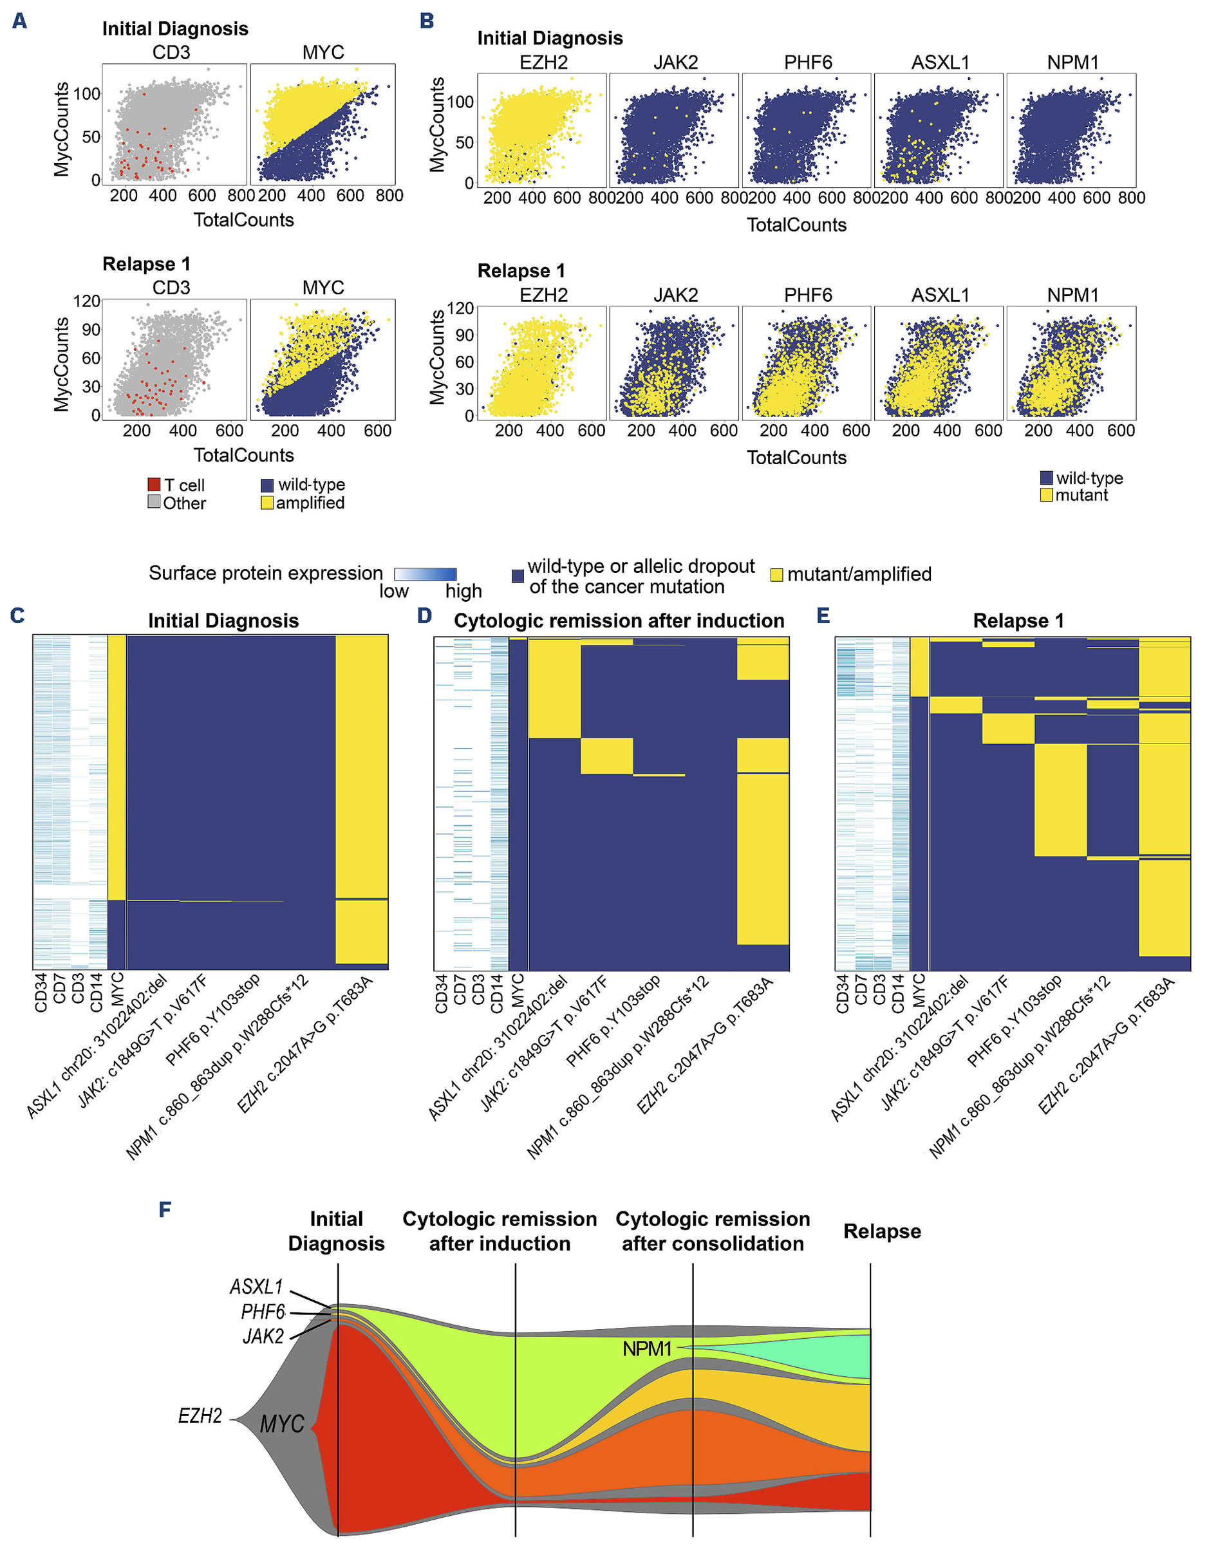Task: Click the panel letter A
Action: (20, 21)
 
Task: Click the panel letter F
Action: (165, 1209)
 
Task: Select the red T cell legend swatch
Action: (154, 485)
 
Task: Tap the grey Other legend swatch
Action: (154, 503)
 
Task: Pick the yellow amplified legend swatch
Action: (267, 503)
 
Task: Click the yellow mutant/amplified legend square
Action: (777, 575)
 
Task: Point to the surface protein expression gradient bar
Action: (426, 574)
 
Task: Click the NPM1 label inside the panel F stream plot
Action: (646, 1349)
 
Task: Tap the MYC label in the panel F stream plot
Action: (281, 1424)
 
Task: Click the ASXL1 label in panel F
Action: (256, 1287)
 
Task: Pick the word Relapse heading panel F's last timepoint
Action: (882, 1231)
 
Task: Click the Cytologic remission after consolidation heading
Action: (713, 1231)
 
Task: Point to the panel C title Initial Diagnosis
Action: (223, 621)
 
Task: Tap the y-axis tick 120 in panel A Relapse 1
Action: (86, 301)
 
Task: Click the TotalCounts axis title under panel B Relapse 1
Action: (797, 458)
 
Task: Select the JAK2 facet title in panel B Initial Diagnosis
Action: (675, 62)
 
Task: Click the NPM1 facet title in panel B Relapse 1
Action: (1072, 295)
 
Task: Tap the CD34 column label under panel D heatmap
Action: (441, 994)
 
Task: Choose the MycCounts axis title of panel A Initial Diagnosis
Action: (62, 129)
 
